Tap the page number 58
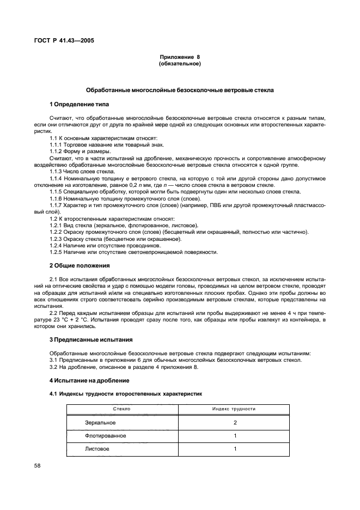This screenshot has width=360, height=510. click(38, 466)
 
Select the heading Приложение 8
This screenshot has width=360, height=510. click(180, 57)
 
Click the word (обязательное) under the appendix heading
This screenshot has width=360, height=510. click(180, 64)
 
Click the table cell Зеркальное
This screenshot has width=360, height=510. click(100, 422)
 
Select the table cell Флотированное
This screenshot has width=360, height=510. click(105, 436)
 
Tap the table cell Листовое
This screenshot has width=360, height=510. click(97, 449)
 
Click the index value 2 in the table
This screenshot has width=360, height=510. click(235, 422)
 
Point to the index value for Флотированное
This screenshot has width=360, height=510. click(235, 436)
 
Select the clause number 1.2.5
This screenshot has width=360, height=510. click(57, 252)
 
